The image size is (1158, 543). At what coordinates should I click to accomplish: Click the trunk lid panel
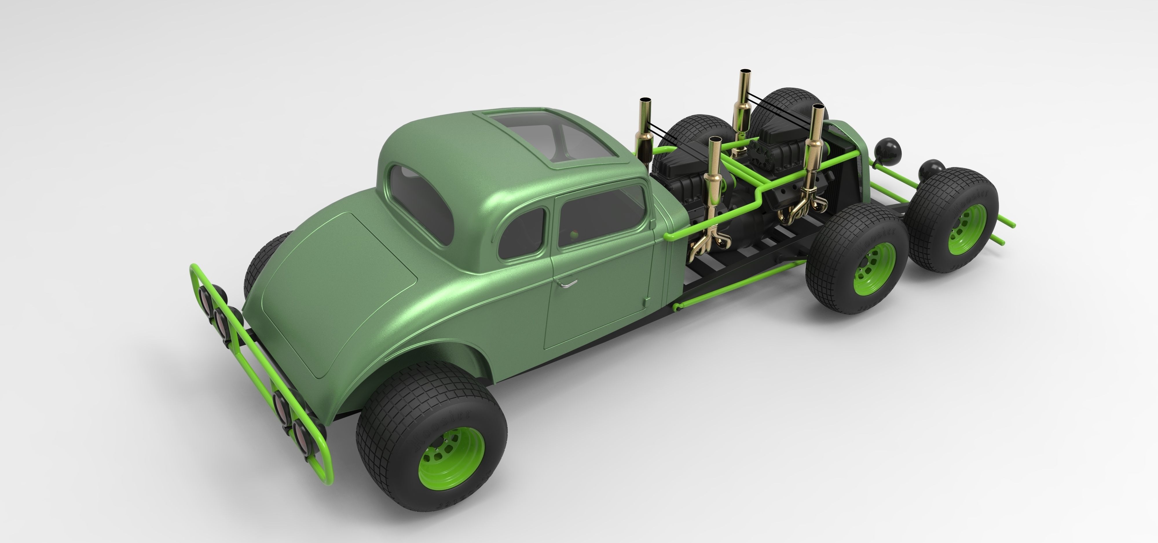342,292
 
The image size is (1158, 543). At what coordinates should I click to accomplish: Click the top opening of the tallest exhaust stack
745,71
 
